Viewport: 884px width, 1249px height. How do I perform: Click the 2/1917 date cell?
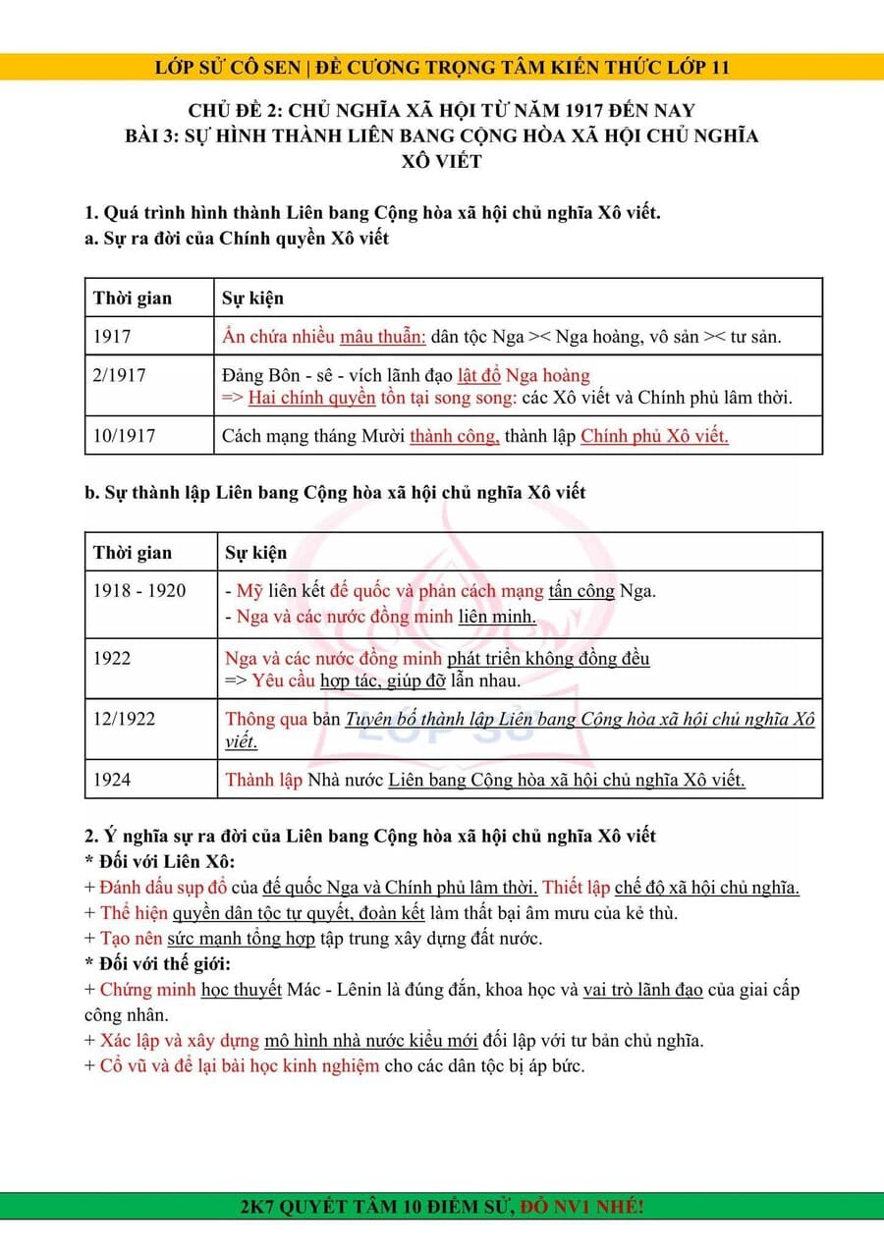click(x=119, y=375)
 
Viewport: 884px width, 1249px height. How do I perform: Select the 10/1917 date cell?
click(x=124, y=436)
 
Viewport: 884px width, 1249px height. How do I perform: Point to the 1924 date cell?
click(x=112, y=780)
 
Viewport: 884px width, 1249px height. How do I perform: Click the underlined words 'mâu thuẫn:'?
click(x=383, y=337)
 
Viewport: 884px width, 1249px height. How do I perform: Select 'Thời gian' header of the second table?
click(x=133, y=553)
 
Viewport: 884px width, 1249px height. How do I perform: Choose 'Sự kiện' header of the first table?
click(x=253, y=298)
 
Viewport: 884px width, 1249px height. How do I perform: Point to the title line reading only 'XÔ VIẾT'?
click(x=442, y=161)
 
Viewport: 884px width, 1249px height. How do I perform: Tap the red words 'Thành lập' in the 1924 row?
click(x=263, y=780)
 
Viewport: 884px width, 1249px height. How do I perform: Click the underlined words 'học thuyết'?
click(x=242, y=989)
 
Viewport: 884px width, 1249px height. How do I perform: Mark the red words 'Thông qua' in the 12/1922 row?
click(x=266, y=719)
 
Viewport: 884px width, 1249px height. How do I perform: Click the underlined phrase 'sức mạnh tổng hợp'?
click(x=241, y=938)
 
